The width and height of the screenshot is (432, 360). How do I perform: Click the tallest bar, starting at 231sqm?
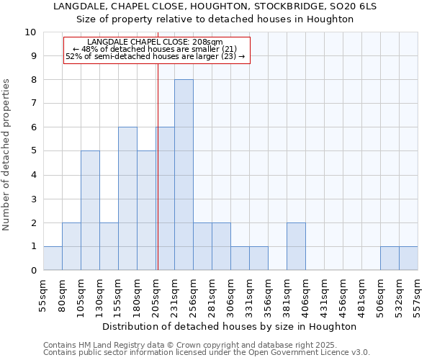(x=184, y=175)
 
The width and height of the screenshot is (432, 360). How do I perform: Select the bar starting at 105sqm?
(x=90, y=210)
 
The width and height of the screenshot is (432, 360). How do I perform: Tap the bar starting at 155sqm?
(x=127, y=199)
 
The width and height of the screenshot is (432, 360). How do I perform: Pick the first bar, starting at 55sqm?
(x=53, y=258)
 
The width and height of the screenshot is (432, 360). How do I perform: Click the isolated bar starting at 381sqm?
(x=296, y=246)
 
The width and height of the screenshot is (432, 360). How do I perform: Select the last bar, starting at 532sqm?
(x=408, y=258)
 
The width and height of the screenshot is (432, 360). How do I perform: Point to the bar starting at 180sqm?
(x=146, y=210)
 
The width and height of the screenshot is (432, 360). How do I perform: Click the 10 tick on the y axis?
(x=30, y=32)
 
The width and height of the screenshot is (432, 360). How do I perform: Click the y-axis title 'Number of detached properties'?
(x=7, y=155)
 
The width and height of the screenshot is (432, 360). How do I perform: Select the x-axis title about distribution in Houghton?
(x=230, y=326)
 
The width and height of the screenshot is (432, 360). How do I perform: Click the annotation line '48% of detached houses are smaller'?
(x=156, y=49)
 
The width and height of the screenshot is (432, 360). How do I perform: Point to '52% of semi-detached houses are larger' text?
(x=156, y=56)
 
